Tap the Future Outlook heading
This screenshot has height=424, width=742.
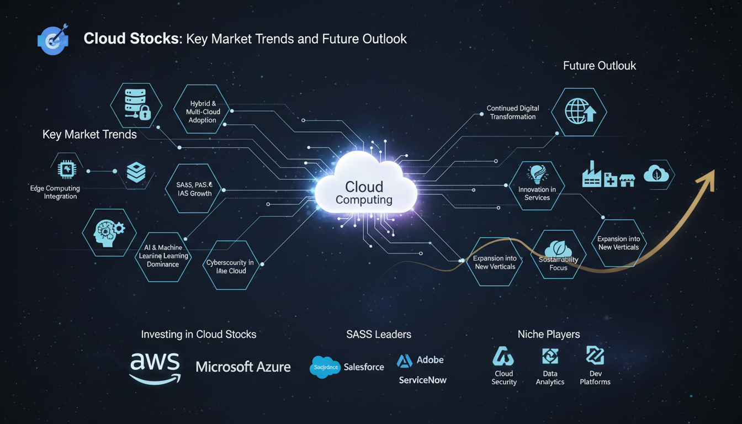pos(599,66)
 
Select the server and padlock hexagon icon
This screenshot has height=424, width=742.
pos(136,105)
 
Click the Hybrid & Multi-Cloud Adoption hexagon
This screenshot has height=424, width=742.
pos(203,112)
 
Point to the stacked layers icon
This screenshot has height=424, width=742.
pos(136,172)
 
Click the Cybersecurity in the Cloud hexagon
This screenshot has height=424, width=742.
pos(230,266)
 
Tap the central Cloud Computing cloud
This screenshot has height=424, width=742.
pos(364,188)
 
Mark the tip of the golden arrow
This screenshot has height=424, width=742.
pos(713,172)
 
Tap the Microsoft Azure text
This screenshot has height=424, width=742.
pos(243,367)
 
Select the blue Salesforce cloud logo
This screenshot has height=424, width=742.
pos(325,367)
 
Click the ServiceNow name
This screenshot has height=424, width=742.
pos(422,380)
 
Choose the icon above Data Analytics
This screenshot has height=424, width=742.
pos(550,356)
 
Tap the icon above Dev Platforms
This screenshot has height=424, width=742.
pos(595,356)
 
